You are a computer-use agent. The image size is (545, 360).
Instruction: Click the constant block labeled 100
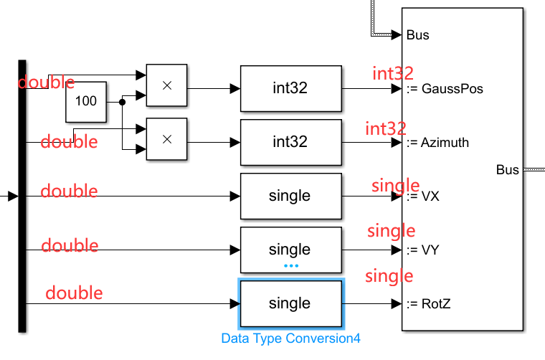click(86, 101)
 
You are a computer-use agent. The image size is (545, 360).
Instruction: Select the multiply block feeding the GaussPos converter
click(166, 85)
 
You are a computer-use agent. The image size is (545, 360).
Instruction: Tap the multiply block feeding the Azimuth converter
click(166, 138)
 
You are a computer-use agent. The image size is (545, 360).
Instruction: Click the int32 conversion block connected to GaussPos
click(290, 89)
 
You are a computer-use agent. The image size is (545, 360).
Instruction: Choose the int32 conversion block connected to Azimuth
click(290, 142)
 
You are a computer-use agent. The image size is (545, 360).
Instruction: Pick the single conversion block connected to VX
click(290, 196)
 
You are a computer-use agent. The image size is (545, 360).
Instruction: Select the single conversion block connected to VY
click(290, 250)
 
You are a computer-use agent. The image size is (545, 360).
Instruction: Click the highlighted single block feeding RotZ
click(290, 303)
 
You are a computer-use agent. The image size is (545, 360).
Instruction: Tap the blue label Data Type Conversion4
click(290, 338)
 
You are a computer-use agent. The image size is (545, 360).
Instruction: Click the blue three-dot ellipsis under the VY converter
click(290, 265)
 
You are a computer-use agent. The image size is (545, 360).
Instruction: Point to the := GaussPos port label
click(444, 89)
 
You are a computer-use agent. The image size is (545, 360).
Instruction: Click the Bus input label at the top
click(417, 34)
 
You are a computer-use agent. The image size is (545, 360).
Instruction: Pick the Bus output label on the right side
click(507, 170)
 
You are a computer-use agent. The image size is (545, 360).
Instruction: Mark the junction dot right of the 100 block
click(122, 102)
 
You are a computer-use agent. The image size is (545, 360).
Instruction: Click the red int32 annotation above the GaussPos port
click(392, 73)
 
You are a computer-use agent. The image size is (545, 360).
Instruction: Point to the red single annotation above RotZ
click(389, 276)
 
